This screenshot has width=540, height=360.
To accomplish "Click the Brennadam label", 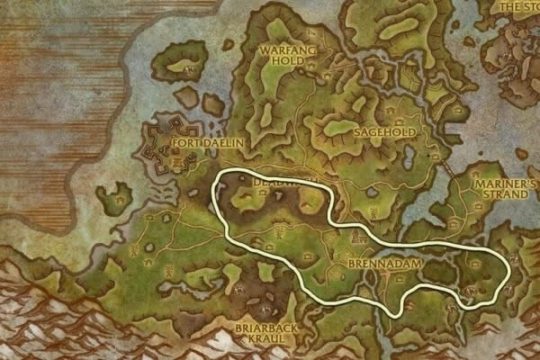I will pyautogui.click(x=377, y=267).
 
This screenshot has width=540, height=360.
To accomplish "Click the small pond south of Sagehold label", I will pyautogui.click(x=373, y=191).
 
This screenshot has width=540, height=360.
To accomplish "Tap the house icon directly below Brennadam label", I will pyautogui.click(x=380, y=283).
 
